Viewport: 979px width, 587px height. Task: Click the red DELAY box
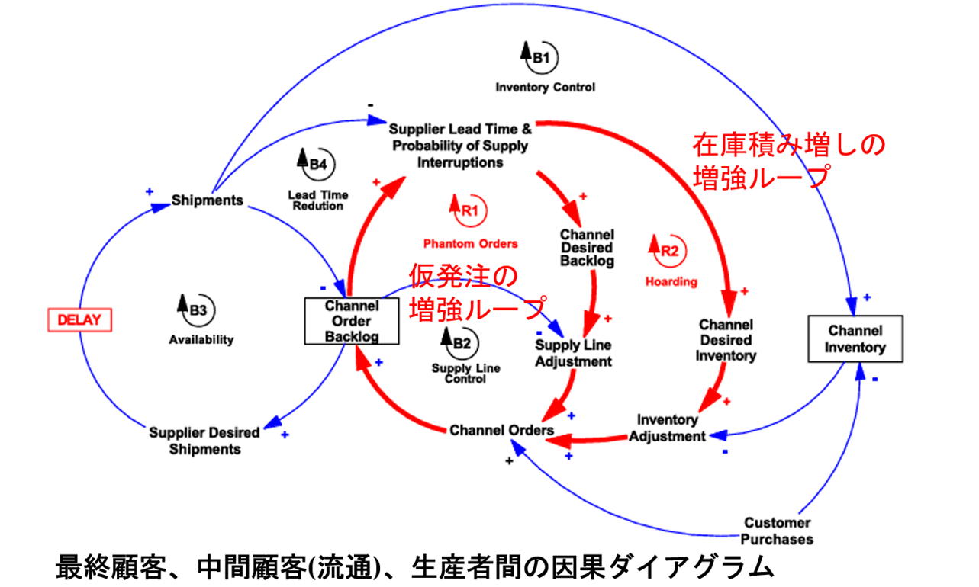pyautogui.click(x=79, y=319)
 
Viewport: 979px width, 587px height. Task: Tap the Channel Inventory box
pyautogui.click(x=855, y=339)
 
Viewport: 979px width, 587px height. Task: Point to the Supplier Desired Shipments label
pyautogui.click(x=204, y=441)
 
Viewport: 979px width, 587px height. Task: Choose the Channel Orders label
pyautogui.click(x=501, y=430)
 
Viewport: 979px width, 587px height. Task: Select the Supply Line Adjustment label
pyautogui.click(x=573, y=353)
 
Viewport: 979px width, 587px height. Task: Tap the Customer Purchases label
pyautogui.click(x=778, y=531)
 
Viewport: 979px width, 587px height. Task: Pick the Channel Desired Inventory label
pyautogui.click(x=725, y=340)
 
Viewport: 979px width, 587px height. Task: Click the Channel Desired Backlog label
pyautogui.click(x=587, y=248)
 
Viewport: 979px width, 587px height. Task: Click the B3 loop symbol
pyautogui.click(x=195, y=310)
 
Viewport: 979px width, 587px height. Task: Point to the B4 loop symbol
pyautogui.click(x=315, y=162)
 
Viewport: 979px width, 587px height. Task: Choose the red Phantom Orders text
pyautogui.click(x=470, y=244)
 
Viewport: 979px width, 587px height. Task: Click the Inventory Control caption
pyautogui.click(x=545, y=88)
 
